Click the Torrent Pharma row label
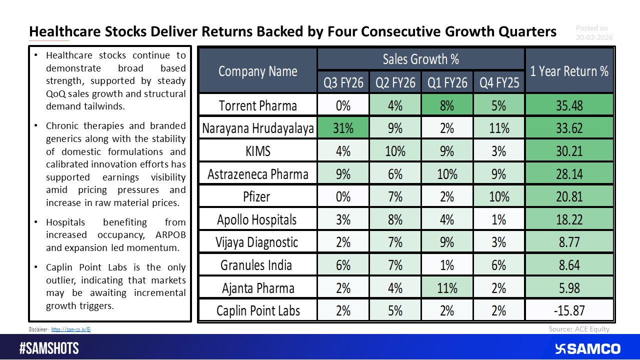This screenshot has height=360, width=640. tap(257, 105)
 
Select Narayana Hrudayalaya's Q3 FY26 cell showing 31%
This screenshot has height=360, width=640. tap(343, 128)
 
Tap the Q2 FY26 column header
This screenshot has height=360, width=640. tap(395, 82)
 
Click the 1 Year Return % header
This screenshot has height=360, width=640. tap(569, 71)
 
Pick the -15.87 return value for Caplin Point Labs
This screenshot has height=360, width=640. tap(569, 310)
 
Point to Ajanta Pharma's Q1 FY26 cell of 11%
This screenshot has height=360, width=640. tap(447, 288)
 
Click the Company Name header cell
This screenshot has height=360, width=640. tap(257, 71)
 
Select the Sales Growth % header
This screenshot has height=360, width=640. tap(420, 59)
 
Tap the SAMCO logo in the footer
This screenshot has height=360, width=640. tap(587, 348)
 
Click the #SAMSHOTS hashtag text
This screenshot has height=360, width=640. tap(49, 348)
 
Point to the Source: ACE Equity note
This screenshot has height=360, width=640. tap(579, 329)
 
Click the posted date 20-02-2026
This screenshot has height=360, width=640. tap(594, 37)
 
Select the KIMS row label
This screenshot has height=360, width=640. tap(257, 151)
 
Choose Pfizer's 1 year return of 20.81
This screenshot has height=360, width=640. tap(569, 196)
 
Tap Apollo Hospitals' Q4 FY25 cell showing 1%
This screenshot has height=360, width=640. tap(498, 219)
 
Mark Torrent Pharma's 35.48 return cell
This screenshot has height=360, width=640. tap(569, 105)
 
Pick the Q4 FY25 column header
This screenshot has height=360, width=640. tap(498, 82)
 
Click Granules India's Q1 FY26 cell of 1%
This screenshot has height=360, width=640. tap(447, 265)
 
